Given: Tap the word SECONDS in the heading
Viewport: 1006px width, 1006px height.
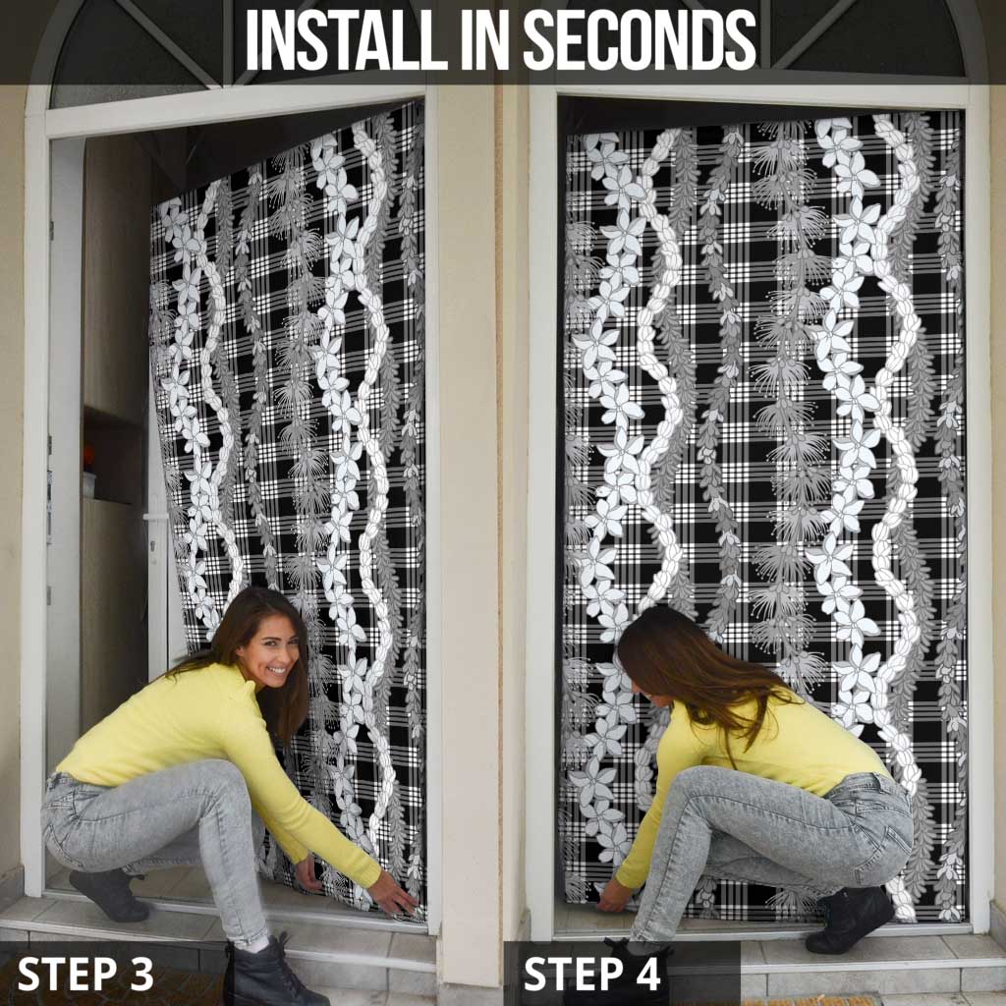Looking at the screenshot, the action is tap(640, 39).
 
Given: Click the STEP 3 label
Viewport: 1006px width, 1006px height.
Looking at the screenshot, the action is tap(85, 974).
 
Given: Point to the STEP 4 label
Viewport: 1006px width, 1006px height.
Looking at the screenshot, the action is tap(591, 974).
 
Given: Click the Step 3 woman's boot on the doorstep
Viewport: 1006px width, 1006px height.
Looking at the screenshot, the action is tap(109, 894).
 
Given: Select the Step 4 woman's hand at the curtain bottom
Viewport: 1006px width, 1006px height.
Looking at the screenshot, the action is tap(612, 896).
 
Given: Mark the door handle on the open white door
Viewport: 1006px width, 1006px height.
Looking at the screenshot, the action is tap(154, 517).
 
